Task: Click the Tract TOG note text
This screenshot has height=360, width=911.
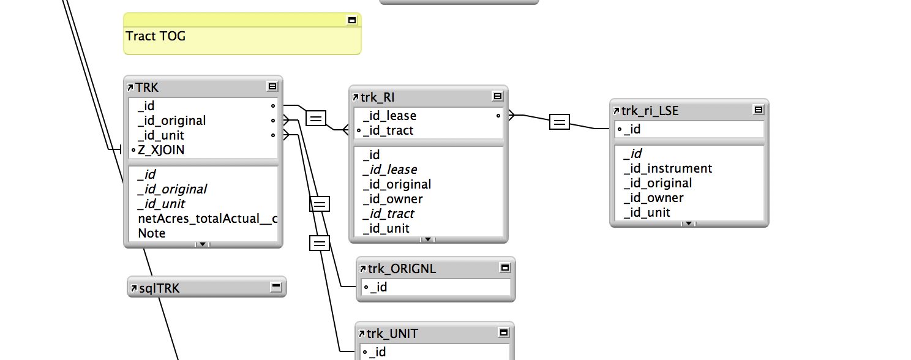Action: (156, 36)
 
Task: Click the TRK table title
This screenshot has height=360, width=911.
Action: (146, 88)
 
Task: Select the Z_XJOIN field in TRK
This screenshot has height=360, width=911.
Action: (161, 150)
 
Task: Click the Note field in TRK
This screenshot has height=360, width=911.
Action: (152, 233)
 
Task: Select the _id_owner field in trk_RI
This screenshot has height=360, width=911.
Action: (393, 199)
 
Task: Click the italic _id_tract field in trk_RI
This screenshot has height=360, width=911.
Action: (388, 214)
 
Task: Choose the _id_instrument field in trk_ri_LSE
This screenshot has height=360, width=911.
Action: (668, 168)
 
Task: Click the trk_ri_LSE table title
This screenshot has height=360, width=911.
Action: (650, 111)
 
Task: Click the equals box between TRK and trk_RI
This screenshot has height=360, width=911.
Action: (316, 118)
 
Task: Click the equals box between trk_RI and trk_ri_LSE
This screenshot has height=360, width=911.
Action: (559, 122)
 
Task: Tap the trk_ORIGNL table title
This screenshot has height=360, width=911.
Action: (402, 269)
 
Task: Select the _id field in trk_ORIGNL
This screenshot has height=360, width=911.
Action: (378, 287)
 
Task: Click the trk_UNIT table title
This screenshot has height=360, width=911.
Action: (392, 334)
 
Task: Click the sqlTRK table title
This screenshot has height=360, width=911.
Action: (159, 288)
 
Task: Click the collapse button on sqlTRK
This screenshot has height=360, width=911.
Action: (276, 287)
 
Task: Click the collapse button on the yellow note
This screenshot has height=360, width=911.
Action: (352, 20)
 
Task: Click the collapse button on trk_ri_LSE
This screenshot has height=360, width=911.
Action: (759, 110)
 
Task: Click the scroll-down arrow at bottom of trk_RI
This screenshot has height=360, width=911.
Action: (427, 239)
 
